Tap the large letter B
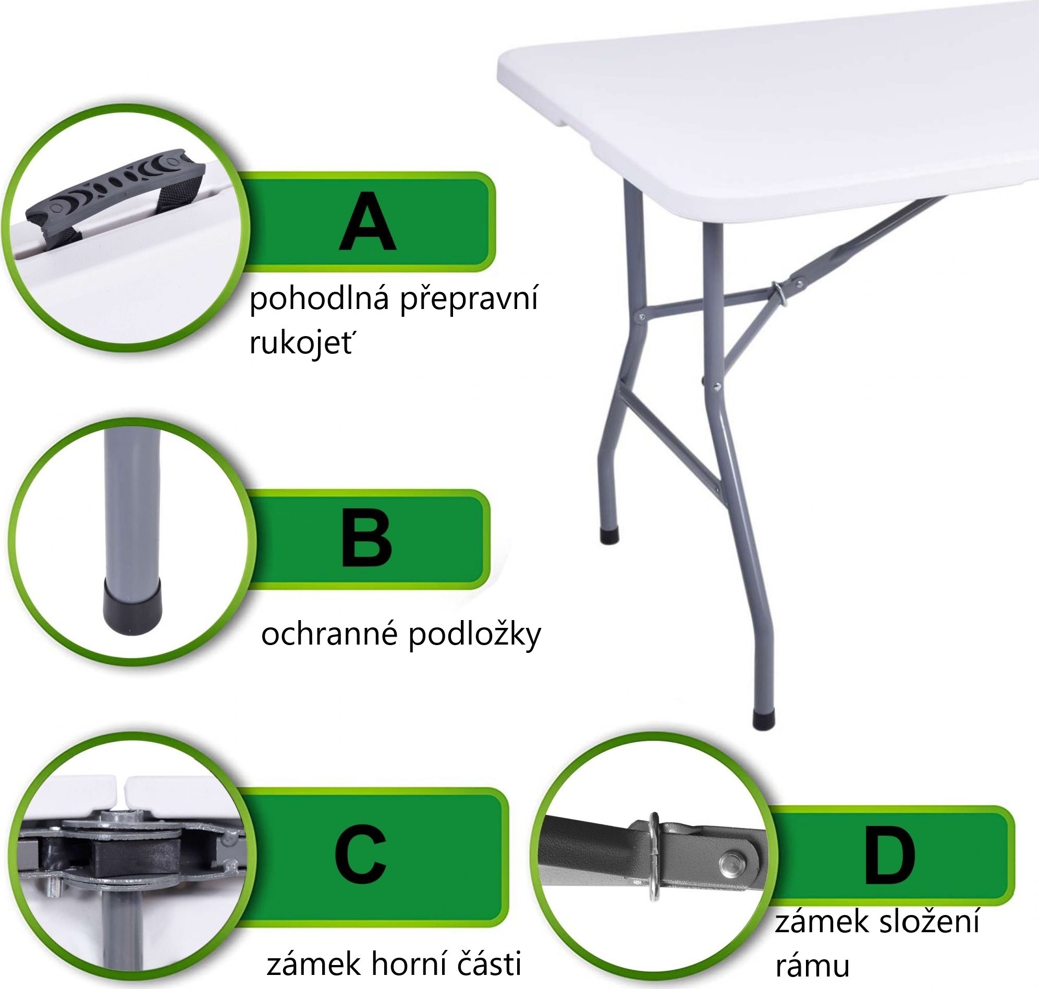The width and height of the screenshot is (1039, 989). [366, 538]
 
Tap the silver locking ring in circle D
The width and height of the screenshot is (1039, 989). [654, 856]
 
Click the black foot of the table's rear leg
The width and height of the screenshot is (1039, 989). [609, 536]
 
